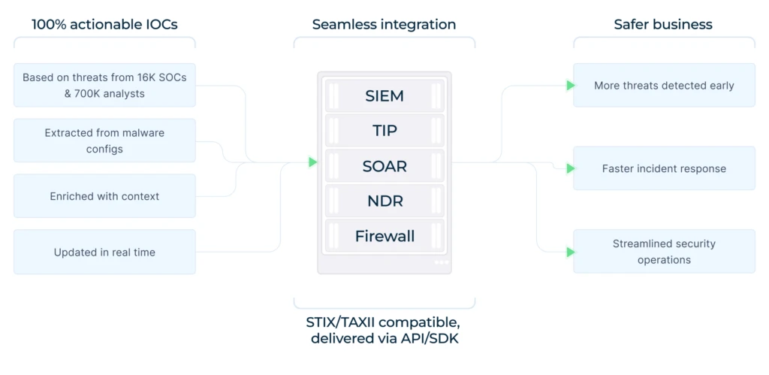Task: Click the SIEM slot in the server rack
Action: (384, 95)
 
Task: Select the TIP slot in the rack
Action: (384, 131)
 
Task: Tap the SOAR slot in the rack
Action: (384, 166)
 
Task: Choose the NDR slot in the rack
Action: (384, 201)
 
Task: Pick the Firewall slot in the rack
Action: (384, 236)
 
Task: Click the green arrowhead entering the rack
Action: (313, 162)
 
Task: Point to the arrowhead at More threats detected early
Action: (571, 86)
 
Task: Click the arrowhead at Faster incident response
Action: (571, 168)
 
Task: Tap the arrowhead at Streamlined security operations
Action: (571, 252)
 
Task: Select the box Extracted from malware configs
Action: (104, 141)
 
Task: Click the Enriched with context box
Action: (104, 196)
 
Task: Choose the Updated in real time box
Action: (104, 252)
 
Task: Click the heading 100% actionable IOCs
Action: (104, 25)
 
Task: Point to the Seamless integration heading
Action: (384, 25)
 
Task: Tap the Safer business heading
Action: (663, 25)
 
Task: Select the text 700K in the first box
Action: (87, 93)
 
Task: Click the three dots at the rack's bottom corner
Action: (441, 262)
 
